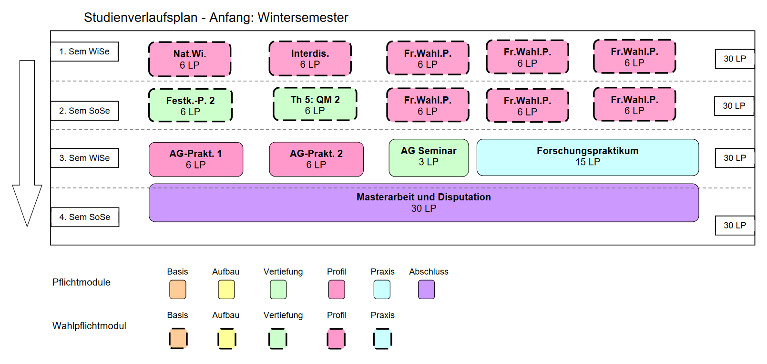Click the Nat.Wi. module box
[190, 59]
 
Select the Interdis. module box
[310, 58]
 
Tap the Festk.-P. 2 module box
[190, 105]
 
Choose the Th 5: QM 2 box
[315, 104]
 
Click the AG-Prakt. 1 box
[196, 159]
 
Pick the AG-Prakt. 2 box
[317, 159]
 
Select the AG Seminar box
[429, 157]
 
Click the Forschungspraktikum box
[588, 157]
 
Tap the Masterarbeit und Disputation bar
[424, 203]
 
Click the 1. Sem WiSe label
[84, 52]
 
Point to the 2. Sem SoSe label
[84, 111]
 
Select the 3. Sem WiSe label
[84, 158]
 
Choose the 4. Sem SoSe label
[85, 217]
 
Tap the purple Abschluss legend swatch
[426, 290]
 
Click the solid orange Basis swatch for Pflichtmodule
[178, 290]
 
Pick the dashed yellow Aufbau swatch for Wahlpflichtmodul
[227, 339]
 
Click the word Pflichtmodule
[82, 282]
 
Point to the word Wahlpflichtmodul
[89, 326]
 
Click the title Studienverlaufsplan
[141, 18]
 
